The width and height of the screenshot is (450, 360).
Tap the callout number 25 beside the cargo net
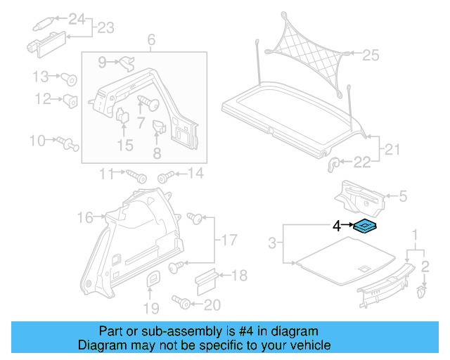[x=370, y=54]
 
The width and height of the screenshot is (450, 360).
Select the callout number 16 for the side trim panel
[x=84, y=218]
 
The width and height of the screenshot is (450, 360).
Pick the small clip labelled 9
[x=127, y=63]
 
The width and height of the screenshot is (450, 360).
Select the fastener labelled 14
[x=165, y=174]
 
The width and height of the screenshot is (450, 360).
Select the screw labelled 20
[x=183, y=304]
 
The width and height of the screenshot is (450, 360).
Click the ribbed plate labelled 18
[x=204, y=279]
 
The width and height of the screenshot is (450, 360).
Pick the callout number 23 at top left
[x=105, y=28]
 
